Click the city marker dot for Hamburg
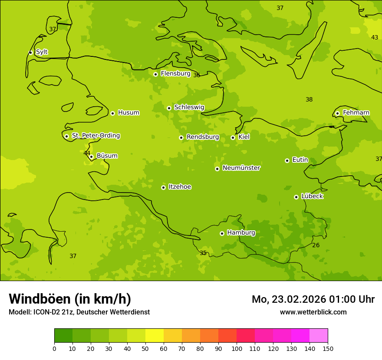click(x=222, y=233)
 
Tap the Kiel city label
click(x=244, y=137)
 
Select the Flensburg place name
click(x=175, y=73)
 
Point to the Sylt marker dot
click(x=30, y=52)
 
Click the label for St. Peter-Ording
click(x=95, y=135)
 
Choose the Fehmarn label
click(x=356, y=112)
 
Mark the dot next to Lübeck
click(x=296, y=197)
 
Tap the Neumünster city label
click(x=241, y=168)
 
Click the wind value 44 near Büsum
click(x=87, y=153)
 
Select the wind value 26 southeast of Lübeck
click(x=316, y=245)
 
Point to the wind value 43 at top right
click(x=374, y=37)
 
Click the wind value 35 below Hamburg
click(x=203, y=253)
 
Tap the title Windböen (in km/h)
click(x=70, y=299)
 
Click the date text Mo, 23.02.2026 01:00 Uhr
click(x=313, y=299)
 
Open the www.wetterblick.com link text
click(x=313, y=312)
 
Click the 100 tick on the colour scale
click(x=237, y=348)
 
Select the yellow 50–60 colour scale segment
click(x=155, y=336)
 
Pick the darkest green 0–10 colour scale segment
click(x=63, y=336)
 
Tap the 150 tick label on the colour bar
click(x=327, y=348)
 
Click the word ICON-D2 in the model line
click(x=46, y=312)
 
